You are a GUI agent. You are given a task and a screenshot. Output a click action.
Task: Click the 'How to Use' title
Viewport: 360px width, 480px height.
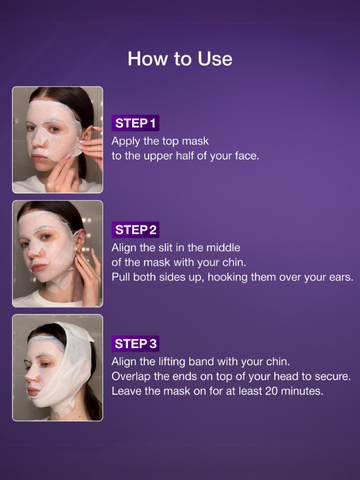coord(180,59)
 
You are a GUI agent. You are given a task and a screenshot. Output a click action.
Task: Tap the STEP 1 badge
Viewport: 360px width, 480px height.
coord(136,123)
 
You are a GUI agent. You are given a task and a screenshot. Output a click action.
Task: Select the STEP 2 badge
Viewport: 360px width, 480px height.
coord(136,229)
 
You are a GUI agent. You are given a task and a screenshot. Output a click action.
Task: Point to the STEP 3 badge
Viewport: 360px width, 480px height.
coord(136,343)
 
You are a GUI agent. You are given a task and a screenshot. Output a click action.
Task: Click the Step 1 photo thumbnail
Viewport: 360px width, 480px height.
coord(57,139)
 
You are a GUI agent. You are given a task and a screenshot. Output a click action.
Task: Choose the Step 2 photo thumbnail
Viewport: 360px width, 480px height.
coord(57,253)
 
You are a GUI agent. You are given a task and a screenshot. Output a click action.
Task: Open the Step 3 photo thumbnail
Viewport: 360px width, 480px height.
coord(57,367)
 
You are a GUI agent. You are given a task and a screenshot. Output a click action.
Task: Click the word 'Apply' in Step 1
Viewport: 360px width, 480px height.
coord(128,141)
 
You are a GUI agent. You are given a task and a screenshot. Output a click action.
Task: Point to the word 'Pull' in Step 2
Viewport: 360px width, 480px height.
coord(123,277)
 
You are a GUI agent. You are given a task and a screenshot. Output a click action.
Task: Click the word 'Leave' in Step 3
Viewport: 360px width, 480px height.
coord(130,391)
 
